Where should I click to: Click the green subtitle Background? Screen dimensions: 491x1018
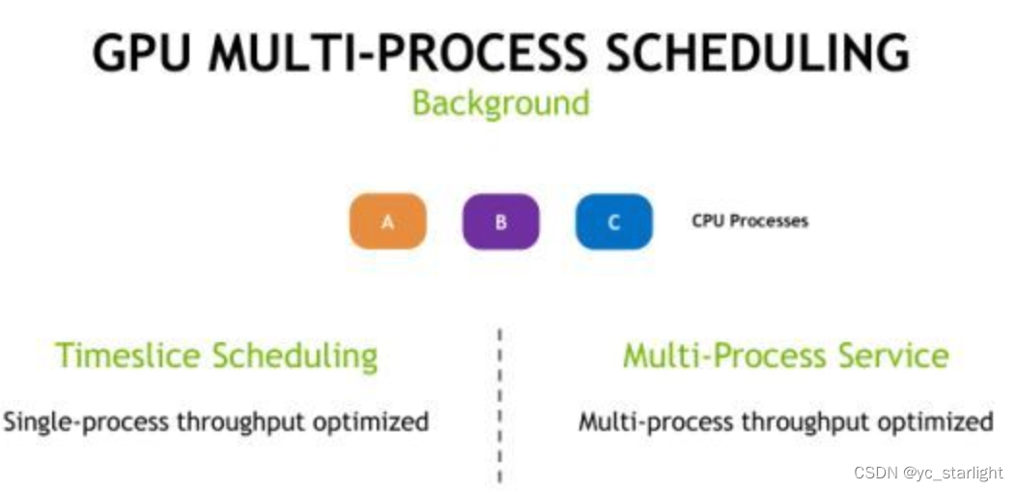click(x=500, y=102)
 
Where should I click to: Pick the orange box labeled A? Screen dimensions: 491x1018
click(x=387, y=221)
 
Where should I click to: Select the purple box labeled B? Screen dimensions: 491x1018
click(x=500, y=221)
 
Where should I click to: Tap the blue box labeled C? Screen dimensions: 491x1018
click(x=613, y=221)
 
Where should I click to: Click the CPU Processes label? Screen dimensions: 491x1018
click(x=749, y=220)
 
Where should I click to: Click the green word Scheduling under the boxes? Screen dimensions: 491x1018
click(x=295, y=357)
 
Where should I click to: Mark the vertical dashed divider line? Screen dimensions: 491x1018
click(x=499, y=406)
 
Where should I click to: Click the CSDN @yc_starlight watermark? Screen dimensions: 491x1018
click(x=927, y=473)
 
